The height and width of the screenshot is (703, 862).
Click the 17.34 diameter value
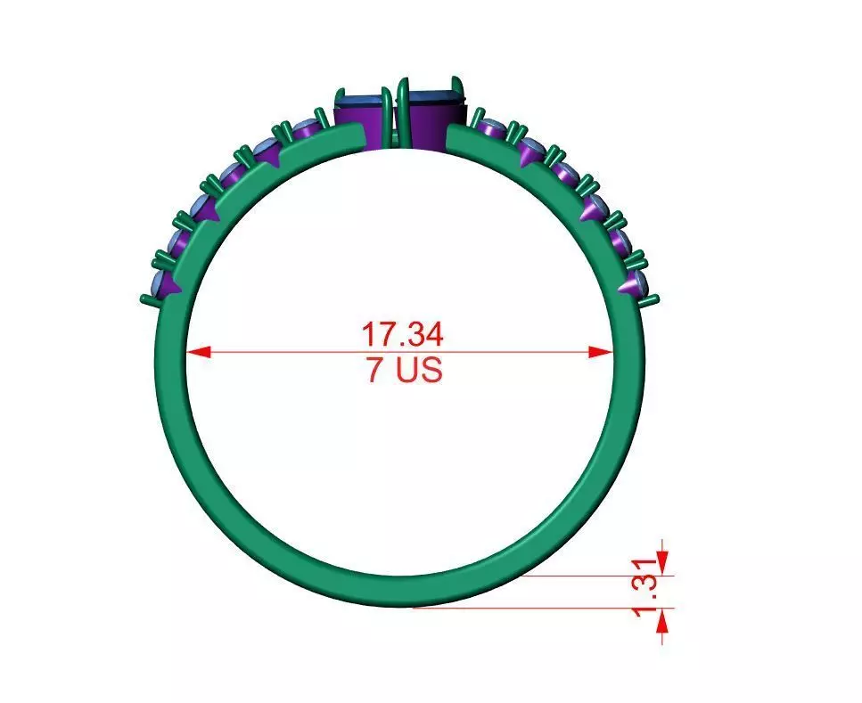coord(401,335)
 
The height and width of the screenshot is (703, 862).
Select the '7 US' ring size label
coord(403,370)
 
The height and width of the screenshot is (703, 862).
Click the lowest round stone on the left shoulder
coord(166,284)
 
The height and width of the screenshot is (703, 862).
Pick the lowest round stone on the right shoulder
coord(634,284)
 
